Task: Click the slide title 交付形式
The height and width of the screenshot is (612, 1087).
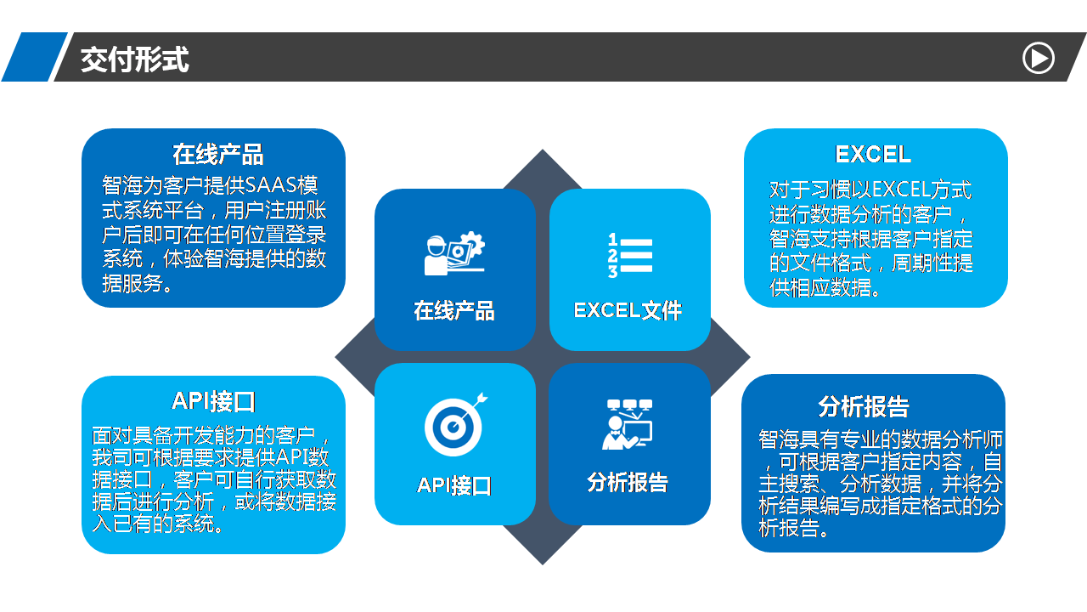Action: pyautogui.click(x=134, y=59)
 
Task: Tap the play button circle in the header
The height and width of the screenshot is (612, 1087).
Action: pyautogui.click(x=1039, y=59)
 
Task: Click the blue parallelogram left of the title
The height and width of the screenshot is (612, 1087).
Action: pyautogui.click(x=35, y=57)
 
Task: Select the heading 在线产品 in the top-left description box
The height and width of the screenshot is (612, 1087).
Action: pyautogui.click(x=218, y=155)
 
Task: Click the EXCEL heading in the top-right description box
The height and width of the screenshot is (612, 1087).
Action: pyautogui.click(x=873, y=155)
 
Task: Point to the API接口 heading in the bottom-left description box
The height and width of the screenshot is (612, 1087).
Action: pyautogui.click(x=213, y=402)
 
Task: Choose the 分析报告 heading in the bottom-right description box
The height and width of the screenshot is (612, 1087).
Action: pyautogui.click(x=864, y=406)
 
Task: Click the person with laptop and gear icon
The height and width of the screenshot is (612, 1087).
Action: pyautogui.click(x=454, y=253)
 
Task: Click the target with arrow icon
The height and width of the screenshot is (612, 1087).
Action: pyautogui.click(x=455, y=424)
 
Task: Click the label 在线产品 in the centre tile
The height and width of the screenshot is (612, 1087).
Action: pyautogui.click(x=454, y=311)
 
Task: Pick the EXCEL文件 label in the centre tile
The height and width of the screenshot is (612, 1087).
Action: pyautogui.click(x=628, y=310)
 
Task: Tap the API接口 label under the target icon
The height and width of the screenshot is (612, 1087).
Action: pyautogui.click(x=454, y=485)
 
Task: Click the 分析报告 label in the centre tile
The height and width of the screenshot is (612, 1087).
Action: pyautogui.click(x=628, y=482)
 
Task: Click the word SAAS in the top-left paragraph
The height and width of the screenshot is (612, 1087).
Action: pyautogui.click(x=271, y=185)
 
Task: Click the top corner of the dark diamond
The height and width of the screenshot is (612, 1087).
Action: pyautogui.click(x=543, y=150)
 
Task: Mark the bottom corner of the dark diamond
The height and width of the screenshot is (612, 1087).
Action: pyautogui.click(x=543, y=565)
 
